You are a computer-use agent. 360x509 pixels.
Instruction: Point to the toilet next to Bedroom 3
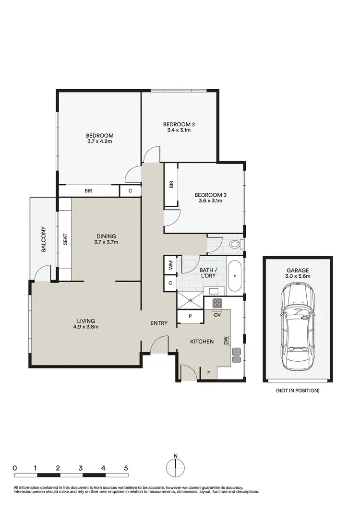pos(235,245)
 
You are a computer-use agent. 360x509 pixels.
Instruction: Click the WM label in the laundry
pos(170,263)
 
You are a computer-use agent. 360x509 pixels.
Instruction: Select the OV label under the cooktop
pos(217,315)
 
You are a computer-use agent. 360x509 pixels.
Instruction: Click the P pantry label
pos(190,316)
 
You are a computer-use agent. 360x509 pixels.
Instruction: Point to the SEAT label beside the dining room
pos(65,239)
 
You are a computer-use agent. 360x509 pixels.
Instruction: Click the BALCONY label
pos(43,239)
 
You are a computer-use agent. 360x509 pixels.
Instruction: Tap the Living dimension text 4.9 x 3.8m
pos(87,327)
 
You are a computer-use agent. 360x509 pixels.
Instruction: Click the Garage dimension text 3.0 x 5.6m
pos(298,277)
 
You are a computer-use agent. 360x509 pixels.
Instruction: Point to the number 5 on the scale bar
pos(126,467)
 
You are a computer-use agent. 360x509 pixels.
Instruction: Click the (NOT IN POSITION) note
pos(298,391)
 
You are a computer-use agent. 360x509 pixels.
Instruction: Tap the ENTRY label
pos(159,323)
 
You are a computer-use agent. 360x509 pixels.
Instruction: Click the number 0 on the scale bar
pos(15,467)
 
